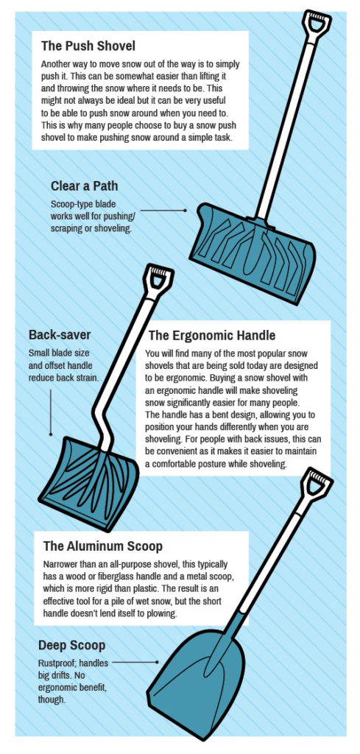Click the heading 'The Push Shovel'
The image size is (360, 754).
point(88,46)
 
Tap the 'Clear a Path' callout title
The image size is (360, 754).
point(84,186)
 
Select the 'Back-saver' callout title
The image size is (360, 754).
point(60,335)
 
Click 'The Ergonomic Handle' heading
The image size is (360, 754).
point(212,335)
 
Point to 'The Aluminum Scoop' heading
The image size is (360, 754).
point(103,547)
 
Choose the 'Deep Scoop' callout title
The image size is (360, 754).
point(71,645)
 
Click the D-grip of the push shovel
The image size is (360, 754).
point(317,22)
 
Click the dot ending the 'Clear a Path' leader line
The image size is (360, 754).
point(185,210)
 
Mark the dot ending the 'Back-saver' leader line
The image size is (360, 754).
point(51,434)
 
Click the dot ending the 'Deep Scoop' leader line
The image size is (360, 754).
point(157,662)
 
